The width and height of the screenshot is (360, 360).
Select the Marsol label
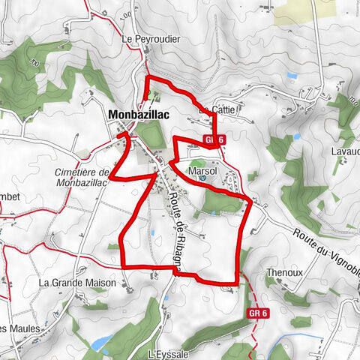point(202,172)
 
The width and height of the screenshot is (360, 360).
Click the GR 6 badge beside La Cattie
point(214,139)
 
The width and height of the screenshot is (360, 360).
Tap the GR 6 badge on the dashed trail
point(256,313)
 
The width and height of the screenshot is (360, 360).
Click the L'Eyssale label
point(166,353)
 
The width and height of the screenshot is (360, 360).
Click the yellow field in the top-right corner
point(303,10)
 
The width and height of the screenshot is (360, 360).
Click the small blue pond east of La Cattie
point(297,137)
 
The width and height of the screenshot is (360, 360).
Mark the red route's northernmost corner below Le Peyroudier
point(147,79)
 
